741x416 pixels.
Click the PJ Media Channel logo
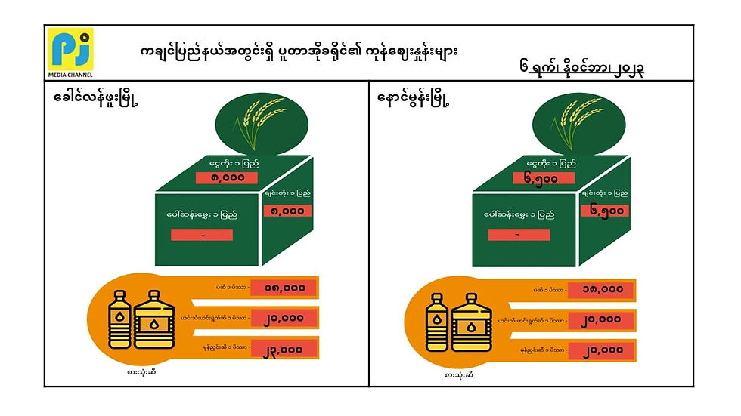70,51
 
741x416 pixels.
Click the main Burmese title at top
300,51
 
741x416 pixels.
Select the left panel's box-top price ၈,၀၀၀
226,178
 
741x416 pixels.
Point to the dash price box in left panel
201,235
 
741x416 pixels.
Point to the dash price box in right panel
516,235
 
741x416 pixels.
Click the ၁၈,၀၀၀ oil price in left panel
277,288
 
